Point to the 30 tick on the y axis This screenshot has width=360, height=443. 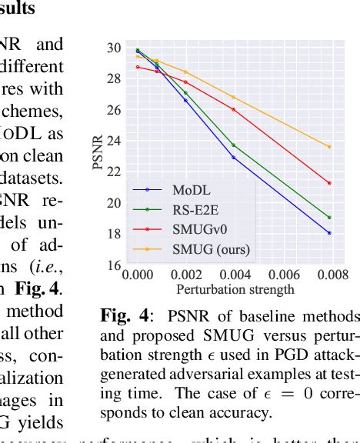(114, 48)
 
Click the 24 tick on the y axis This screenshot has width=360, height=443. (114, 141)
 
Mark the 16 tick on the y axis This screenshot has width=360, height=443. (114, 265)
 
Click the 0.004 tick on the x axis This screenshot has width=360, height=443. (234, 275)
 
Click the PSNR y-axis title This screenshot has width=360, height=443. (98, 157)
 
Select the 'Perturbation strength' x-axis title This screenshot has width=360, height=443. (235, 290)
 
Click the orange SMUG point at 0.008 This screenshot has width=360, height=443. (329, 146)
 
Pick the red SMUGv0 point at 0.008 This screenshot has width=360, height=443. (329, 183)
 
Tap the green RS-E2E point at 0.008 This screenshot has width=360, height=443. (329, 218)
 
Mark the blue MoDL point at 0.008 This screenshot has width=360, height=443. (329, 233)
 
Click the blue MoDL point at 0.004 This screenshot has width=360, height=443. (234, 158)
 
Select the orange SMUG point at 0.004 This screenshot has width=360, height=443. (234, 97)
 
